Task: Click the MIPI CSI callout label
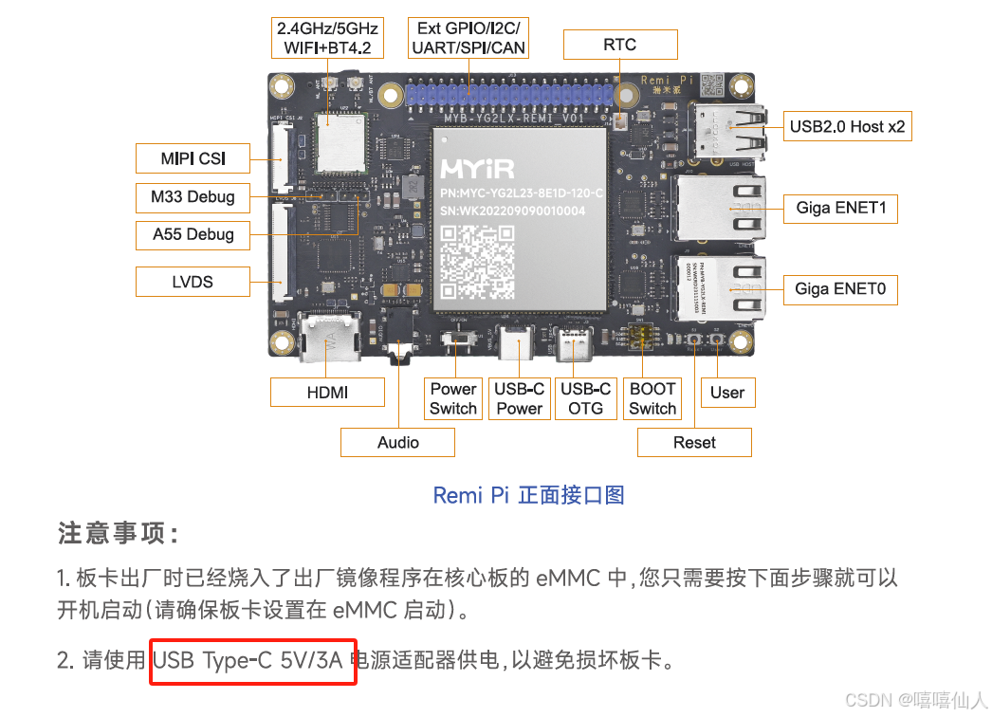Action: tap(193, 158)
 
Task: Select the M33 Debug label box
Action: tap(193, 197)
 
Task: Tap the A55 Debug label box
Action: tap(193, 234)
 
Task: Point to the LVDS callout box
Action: tap(193, 282)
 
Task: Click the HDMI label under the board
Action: tap(327, 393)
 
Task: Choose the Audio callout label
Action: tap(398, 442)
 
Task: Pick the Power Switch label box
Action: tap(453, 398)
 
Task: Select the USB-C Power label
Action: tap(519, 398)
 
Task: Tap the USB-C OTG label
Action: tap(585, 398)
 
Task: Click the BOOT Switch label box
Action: tap(652, 398)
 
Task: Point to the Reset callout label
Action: tap(694, 442)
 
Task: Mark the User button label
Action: tap(727, 393)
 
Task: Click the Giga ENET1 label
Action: tap(841, 208)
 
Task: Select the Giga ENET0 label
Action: tap(841, 288)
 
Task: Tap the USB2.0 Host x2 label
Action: tap(848, 126)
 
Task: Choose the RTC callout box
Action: tap(620, 45)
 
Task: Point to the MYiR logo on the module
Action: tap(477, 170)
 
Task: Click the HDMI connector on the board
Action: tap(329, 339)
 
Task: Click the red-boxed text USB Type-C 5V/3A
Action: tap(252, 661)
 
